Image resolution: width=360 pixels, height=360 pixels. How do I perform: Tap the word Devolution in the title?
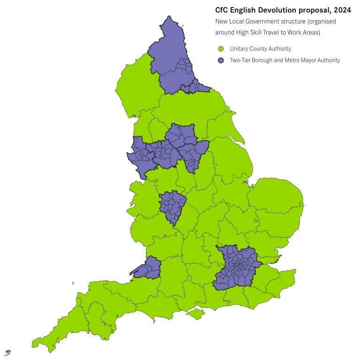click(x=273, y=10)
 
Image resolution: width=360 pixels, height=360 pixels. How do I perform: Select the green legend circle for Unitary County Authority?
click(x=221, y=49)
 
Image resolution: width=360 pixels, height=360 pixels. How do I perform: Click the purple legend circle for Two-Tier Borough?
click(x=221, y=60)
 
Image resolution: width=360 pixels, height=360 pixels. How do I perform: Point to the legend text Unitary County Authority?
click(x=261, y=49)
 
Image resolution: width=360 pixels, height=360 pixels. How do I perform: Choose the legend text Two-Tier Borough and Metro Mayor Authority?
click(x=285, y=60)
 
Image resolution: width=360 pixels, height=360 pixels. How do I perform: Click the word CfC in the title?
click(x=223, y=10)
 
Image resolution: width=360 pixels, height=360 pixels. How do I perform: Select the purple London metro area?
click(x=237, y=267)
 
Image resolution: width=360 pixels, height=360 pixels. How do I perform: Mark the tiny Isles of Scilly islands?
click(x=8, y=352)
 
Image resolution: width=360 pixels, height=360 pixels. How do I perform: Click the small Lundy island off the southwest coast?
click(x=73, y=283)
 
